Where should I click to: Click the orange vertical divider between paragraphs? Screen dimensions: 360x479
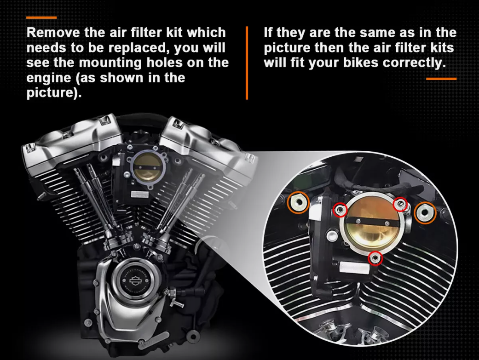pos(247,63)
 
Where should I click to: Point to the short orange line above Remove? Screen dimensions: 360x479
pos(41,17)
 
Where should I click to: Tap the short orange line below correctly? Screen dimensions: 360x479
pos(441,79)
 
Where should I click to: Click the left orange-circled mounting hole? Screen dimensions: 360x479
pos(298,203)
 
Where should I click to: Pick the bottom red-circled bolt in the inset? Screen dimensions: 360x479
pos(376,258)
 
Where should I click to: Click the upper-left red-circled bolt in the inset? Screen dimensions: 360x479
pos(340,210)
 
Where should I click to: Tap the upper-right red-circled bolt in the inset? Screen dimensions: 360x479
pos(400,203)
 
